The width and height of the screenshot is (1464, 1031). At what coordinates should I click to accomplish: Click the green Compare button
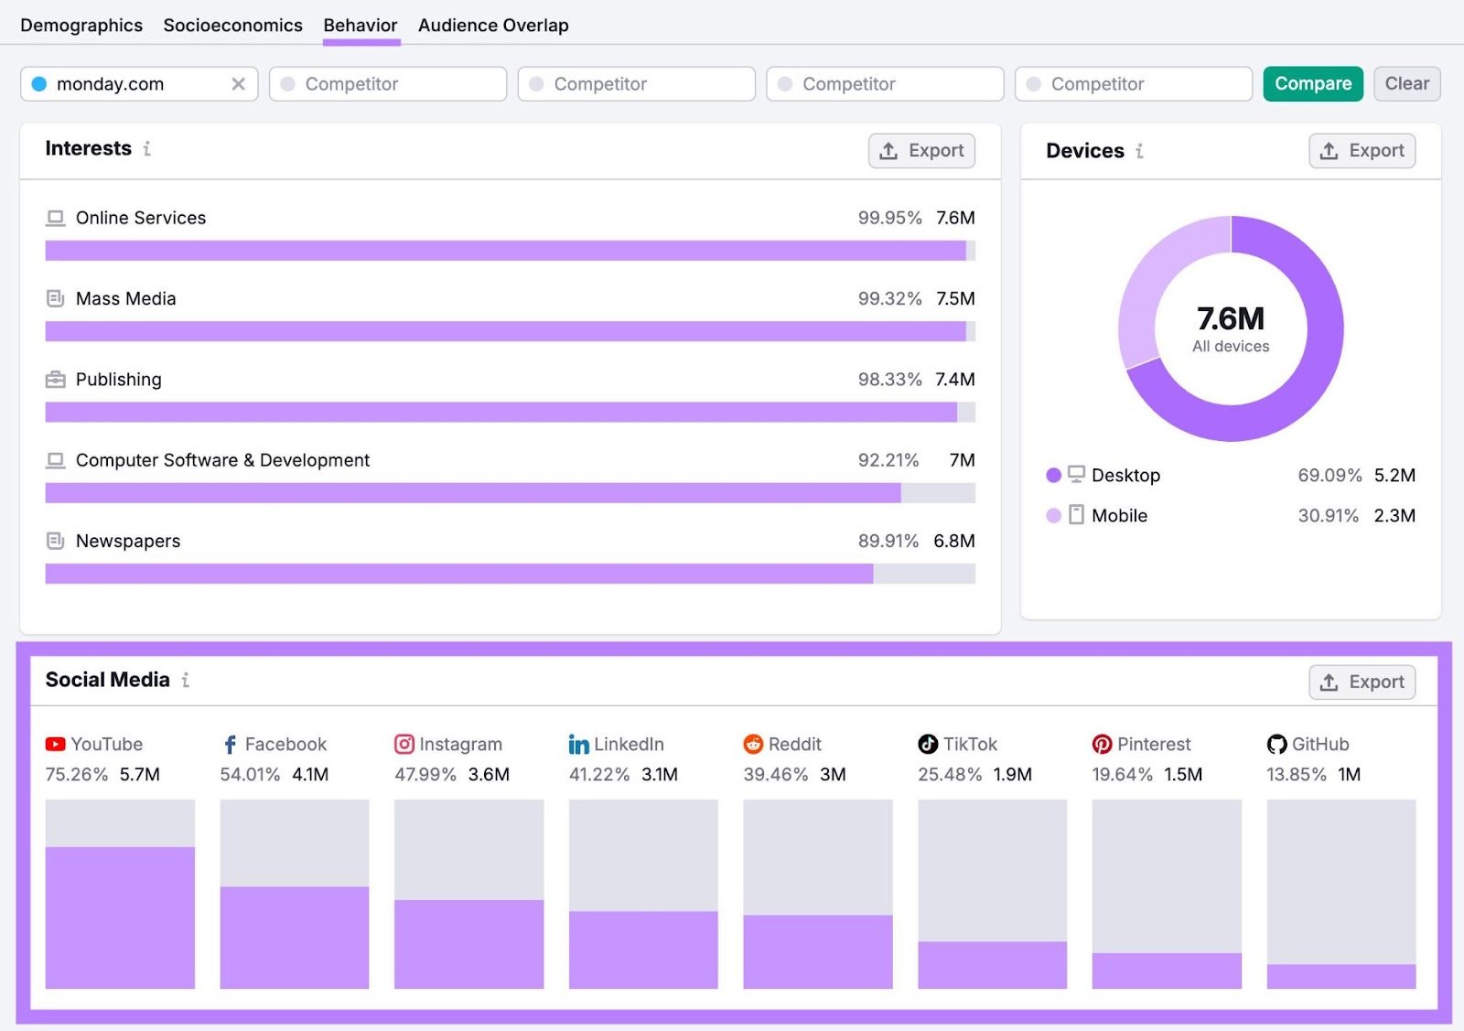click(1312, 83)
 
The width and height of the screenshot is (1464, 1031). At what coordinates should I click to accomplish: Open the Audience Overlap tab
click(493, 25)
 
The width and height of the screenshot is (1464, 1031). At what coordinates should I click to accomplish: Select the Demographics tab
click(81, 25)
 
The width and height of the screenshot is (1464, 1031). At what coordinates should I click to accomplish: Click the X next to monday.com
click(238, 83)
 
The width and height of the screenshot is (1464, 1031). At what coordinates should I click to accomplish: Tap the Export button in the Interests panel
click(921, 150)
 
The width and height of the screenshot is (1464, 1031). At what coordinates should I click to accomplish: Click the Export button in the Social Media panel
click(1362, 682)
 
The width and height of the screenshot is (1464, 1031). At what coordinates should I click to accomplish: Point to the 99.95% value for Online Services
click(889, 218)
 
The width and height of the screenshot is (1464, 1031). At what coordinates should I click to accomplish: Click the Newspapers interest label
click(127, 541)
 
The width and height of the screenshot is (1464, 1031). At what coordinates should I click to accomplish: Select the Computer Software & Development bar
click(472, 493)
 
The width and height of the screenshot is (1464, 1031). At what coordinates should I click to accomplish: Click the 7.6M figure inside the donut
click(1231, 318)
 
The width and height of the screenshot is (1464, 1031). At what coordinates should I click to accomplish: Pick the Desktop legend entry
click(1125, 475)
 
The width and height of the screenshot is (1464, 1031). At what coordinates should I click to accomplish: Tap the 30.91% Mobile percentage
click(1328, 515)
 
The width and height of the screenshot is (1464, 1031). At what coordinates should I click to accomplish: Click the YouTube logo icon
click(56, 744)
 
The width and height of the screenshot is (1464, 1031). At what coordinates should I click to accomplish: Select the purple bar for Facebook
click(295, 937)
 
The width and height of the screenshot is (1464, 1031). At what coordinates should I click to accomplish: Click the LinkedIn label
click(628, 744)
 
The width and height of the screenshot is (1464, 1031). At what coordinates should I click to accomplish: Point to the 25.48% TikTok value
click(950, 774)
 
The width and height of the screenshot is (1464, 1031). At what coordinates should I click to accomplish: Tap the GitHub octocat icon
click(1276, 744)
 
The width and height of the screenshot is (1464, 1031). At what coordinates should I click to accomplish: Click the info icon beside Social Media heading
click(186, 680)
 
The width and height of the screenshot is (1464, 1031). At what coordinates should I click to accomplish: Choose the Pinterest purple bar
click(1167, 970)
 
